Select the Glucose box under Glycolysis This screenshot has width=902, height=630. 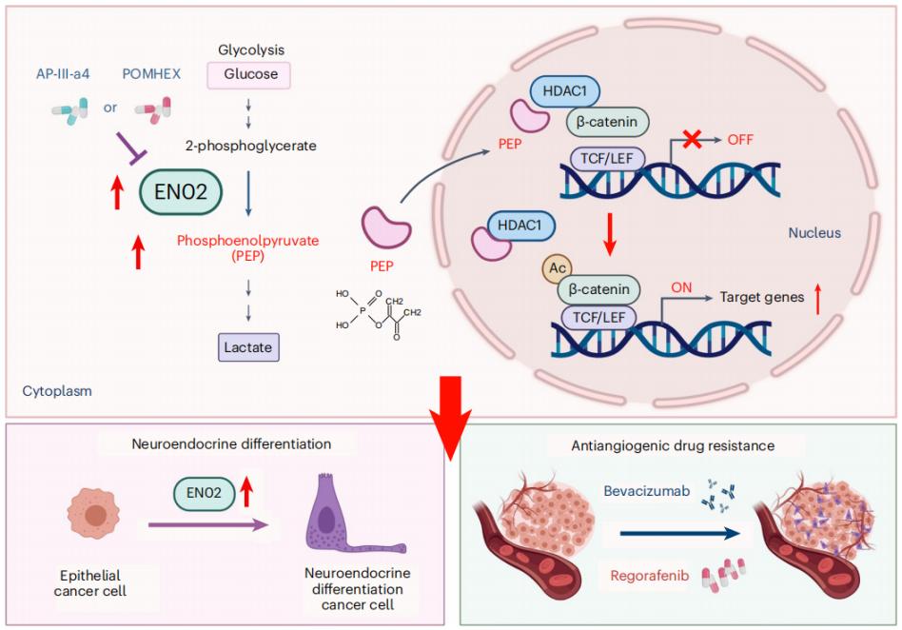(248, 75)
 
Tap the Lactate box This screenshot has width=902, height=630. (248, 347)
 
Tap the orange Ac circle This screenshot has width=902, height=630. (555, 269)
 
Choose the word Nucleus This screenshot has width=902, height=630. (814, 232)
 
